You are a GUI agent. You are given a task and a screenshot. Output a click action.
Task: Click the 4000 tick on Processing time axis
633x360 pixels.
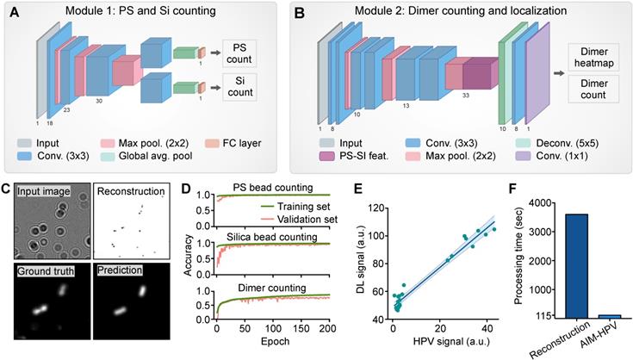click(x=506, y=202)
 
